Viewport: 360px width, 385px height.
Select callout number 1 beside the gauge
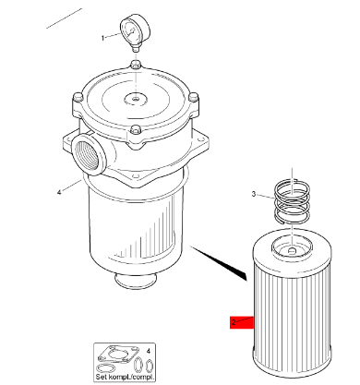click(x=103, y=38)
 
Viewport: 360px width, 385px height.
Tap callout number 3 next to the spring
click(x=253, y=194)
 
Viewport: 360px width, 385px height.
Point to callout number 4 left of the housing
click(x=58, y=192)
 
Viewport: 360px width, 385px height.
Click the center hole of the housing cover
click(x=135, y=99)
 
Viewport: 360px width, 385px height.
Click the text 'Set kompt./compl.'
click(x=124, y=376)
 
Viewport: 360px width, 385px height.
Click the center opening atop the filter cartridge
click(x=293, y=247)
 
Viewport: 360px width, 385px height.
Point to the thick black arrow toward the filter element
click(x=222, y=262)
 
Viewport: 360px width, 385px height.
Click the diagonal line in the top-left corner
click(x=57, y=18)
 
